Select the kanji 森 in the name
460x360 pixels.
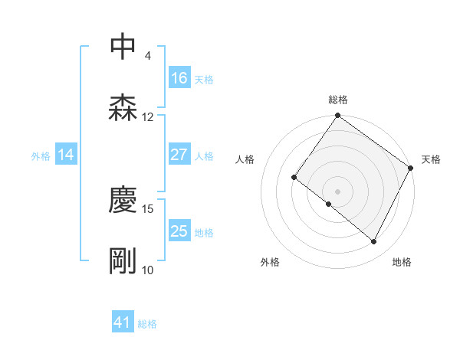[x=123, y=108]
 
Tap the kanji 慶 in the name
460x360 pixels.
[x=123, y=200]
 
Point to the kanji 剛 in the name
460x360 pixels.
[x=123, y=261]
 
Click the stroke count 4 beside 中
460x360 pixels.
[x=147, y=56]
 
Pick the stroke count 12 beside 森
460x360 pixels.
[x=148, y=117]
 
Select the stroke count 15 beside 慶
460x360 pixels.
[x=148, y=208]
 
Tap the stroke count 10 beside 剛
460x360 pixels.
[x=148, y=270]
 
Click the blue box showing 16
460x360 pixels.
[x=179, y=78]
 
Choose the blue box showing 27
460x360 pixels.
[x=179, y=155]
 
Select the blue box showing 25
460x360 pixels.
[x=179, y=231]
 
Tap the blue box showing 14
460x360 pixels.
[x=66, y=155]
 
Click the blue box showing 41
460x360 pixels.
[x=123, y=323]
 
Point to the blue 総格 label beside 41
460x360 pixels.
[x=147, y=324]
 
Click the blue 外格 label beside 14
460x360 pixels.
[x=41, y=155]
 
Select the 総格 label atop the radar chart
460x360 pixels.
[x=337, y=100]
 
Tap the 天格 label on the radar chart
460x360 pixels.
[x=431, y=159]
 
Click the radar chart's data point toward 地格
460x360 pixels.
[x=374, y=242]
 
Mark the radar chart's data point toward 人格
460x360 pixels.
[x=294, y=177]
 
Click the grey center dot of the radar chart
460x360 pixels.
[x=337, y=191]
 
